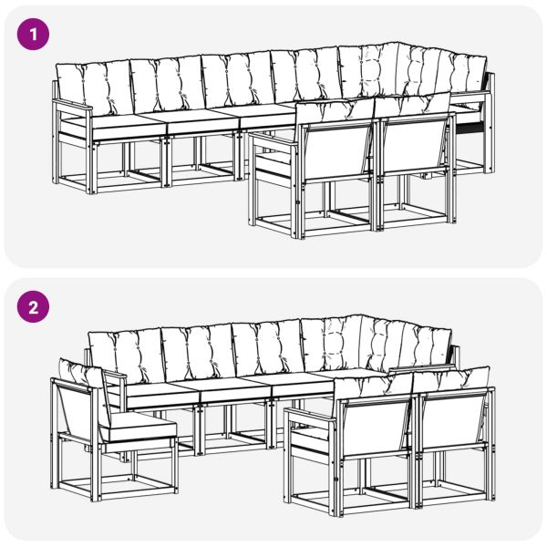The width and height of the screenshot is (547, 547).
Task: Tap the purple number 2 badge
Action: [34, 307]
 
